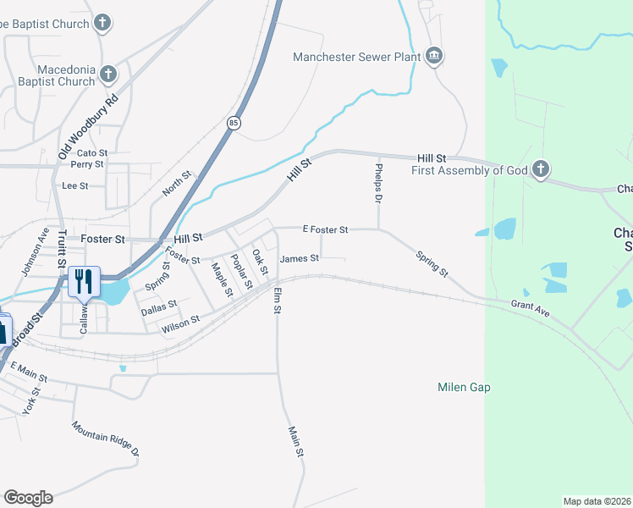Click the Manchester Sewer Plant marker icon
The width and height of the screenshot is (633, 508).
tap(434, 57)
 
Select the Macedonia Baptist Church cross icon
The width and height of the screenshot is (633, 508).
tap(108, 75)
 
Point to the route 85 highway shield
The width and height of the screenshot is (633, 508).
tap(233, 123)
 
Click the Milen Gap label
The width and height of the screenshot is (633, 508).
tap(464, 387)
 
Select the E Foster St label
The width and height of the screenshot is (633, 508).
tap(326, 229)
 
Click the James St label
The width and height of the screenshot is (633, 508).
tap(300, 258)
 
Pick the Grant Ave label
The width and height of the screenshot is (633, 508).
tap(530, 309)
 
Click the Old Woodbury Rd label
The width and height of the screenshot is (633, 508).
tap(88, 125)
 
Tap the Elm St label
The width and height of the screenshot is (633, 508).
tap(277, 301)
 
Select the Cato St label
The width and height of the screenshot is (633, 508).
tap(92, 152)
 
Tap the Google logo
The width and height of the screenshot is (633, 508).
tap(28, 498)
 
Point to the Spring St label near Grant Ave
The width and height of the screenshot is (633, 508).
tap(432, 263)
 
